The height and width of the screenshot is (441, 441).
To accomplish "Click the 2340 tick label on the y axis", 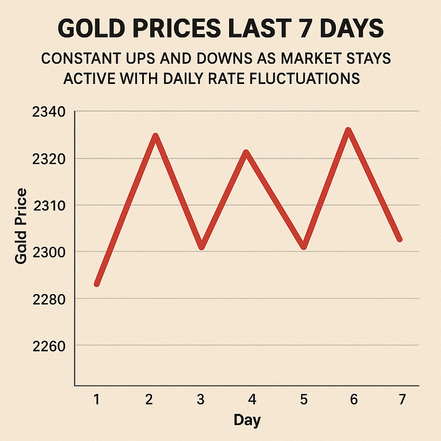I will (x=49, y=112).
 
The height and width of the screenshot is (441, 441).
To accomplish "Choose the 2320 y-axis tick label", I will (x=49, y=159).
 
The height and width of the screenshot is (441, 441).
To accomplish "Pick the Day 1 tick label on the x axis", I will (x=96, y=400).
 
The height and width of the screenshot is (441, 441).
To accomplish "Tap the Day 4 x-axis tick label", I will (x=252, y=400).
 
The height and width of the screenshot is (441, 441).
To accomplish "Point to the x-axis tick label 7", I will (x=402, y=400).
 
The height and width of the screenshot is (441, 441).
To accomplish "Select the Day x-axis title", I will (x=247, y=420).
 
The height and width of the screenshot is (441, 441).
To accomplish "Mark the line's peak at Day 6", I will (x=348, y=130).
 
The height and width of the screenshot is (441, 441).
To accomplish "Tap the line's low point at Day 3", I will (x=201, y=247).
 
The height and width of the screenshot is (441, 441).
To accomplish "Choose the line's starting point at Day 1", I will (x=97, y=283).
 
